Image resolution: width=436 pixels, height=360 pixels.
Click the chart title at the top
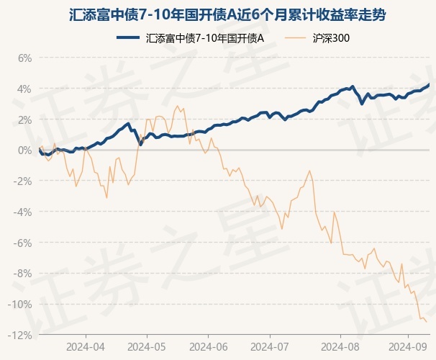pos(217,14)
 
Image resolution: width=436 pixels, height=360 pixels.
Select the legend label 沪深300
pos(332,38)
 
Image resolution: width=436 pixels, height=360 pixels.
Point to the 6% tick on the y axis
pos(25,58)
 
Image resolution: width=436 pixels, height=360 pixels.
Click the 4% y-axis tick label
pos(25,89)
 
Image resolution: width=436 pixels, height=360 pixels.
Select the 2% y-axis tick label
pos(25,120)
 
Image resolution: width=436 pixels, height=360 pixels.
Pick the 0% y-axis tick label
pos(25,150)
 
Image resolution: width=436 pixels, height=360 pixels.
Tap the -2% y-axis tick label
pos(24,181)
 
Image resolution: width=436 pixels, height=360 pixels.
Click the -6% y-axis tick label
pos(24,243)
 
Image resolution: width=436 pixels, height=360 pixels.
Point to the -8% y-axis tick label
pos(24,274)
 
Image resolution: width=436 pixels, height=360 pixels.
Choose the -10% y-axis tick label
pos(22,305)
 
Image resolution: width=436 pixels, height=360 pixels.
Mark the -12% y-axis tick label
pos(22,335)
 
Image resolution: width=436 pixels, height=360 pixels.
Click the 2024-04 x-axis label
pos(86,346)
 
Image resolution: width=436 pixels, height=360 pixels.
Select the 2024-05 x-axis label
pos(147,346)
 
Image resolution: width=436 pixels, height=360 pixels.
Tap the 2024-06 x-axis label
pos(208,346)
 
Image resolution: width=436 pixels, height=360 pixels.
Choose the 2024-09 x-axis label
pos(407,346)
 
